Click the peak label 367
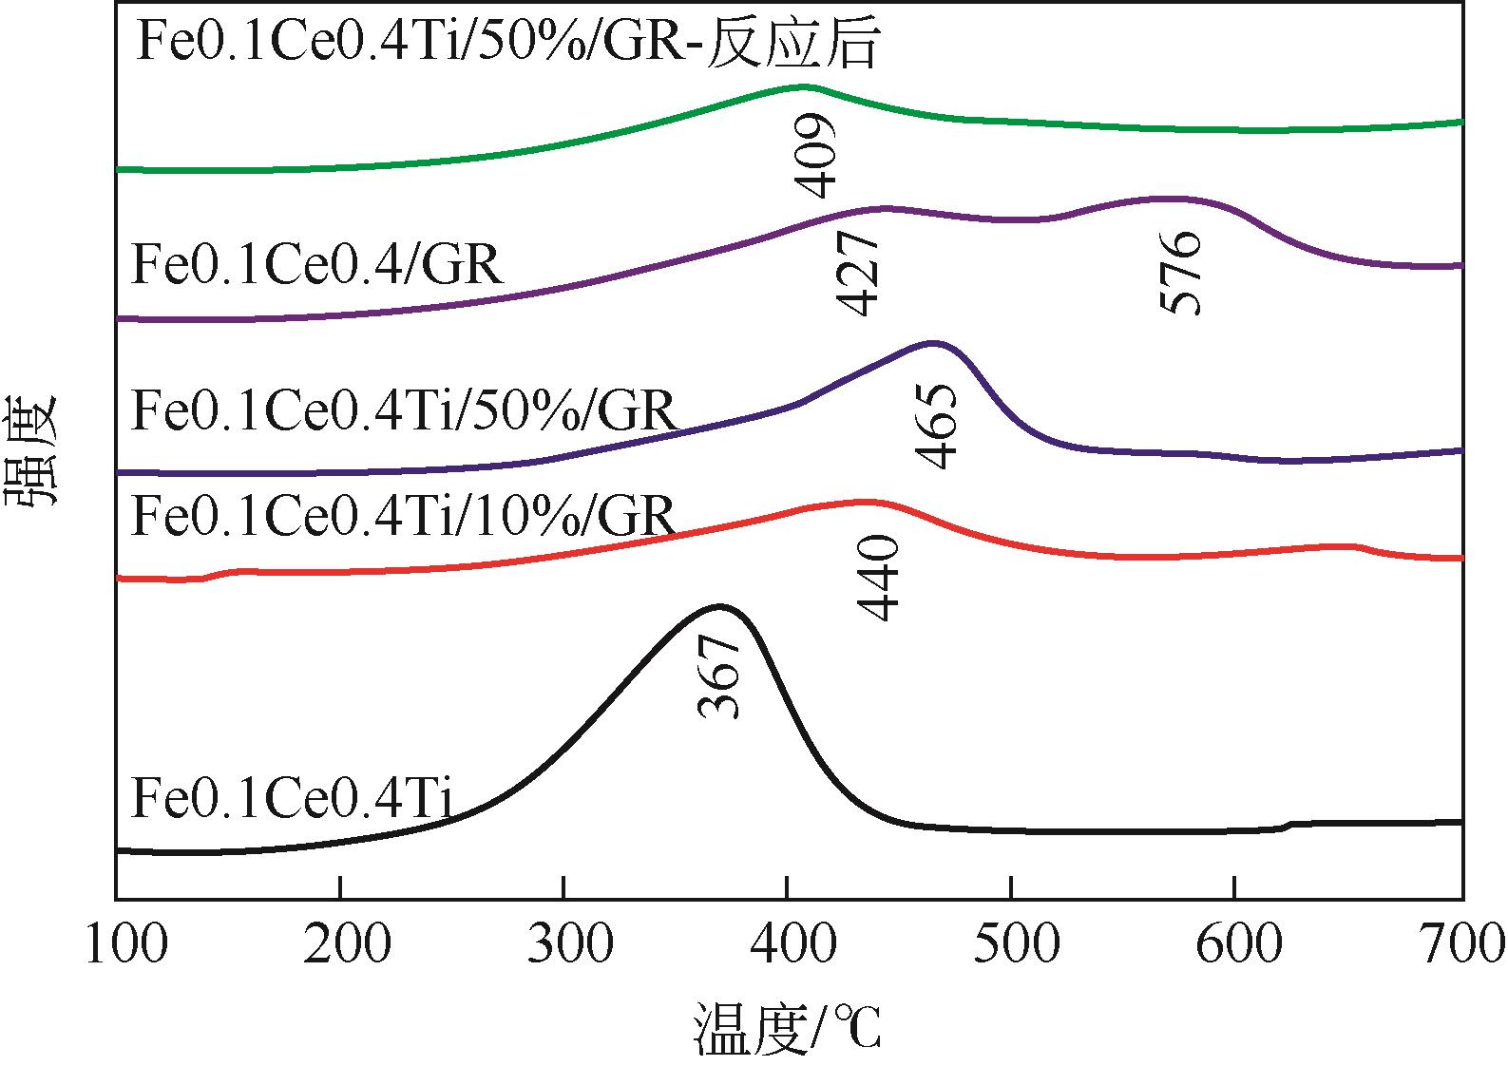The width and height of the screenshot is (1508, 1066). (x=719, y=676)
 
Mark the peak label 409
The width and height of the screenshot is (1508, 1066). (x=815, y=155)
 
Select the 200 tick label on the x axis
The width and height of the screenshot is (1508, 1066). (x=339, y=944)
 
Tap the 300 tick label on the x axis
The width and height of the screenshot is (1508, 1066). (x=563, y=944)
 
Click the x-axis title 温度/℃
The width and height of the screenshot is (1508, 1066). (x=788, y=1026)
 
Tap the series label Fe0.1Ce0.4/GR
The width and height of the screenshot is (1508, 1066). (x=316, y=265)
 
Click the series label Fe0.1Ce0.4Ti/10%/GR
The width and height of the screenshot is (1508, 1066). (x=403, y=515)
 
